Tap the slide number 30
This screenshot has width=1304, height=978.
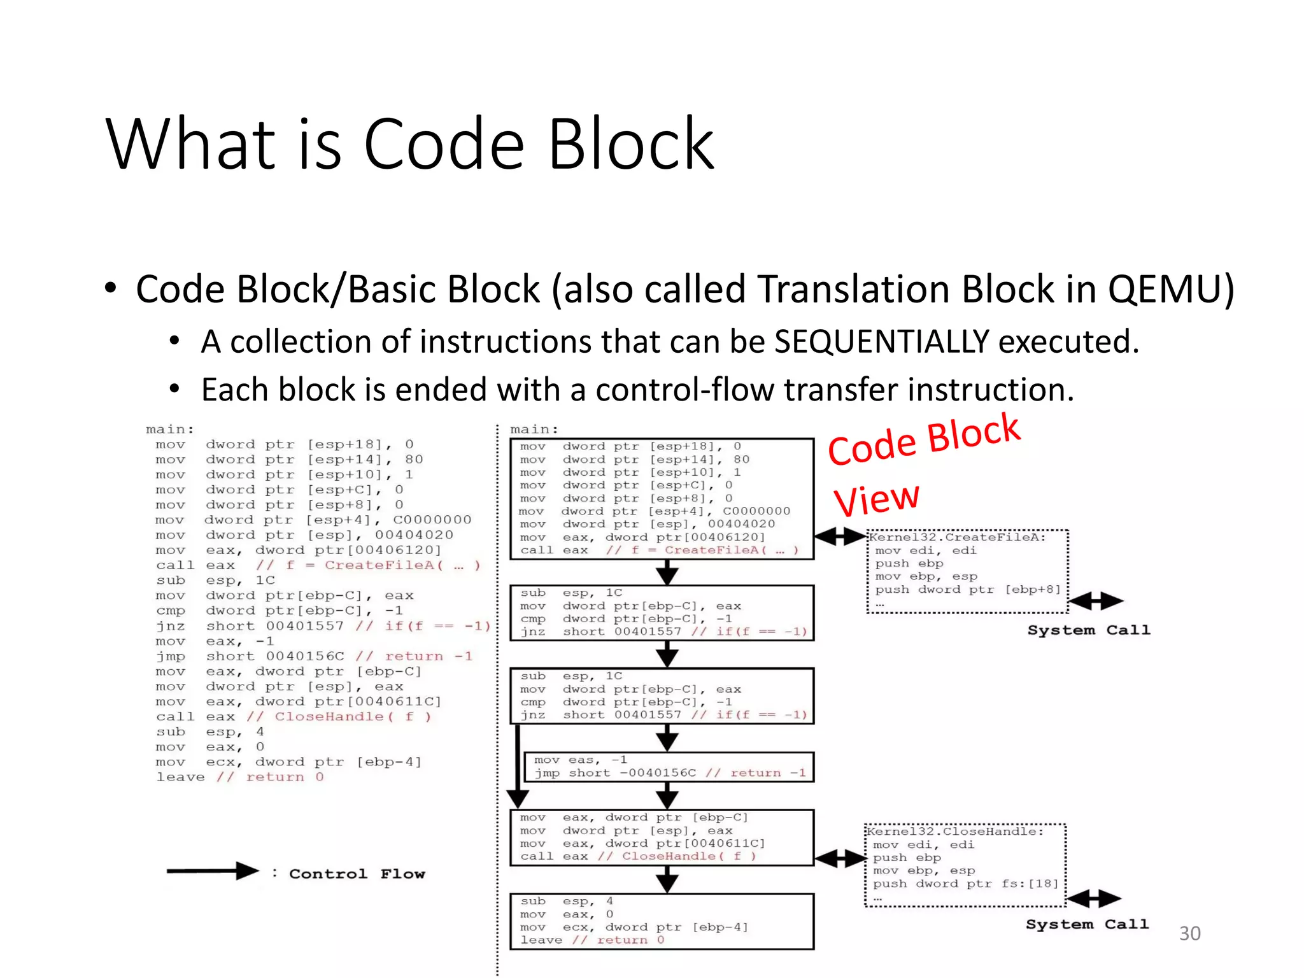[x=1189, y=933]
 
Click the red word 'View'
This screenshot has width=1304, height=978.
[x=877, y=500]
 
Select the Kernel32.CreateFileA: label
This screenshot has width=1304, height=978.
[x=958, y=537]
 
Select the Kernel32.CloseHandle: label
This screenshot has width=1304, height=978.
[x=955, y=832]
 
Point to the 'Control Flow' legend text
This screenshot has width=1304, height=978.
[x=357, y=874]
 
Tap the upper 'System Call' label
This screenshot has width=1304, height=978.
[x=1088, y=630]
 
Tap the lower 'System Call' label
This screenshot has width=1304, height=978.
[x=1087, y=925]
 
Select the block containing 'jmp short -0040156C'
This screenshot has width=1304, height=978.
[x=669, y=767]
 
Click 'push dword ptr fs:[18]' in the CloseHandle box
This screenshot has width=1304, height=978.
[x=965, y=884]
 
